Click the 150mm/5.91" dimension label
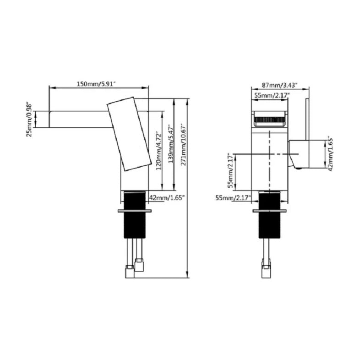pyautogui.click(x=96, y=83)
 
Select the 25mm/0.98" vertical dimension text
pyautogui.click(x=29, y=119)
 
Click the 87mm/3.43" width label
pyautogui.click(x=280, y=85)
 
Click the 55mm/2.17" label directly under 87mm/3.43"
pyautogui.click(x=270, y=95)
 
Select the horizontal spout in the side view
pyautogui.click(x=78, y=119)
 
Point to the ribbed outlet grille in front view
pyautogui.click(x=270, y=120)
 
